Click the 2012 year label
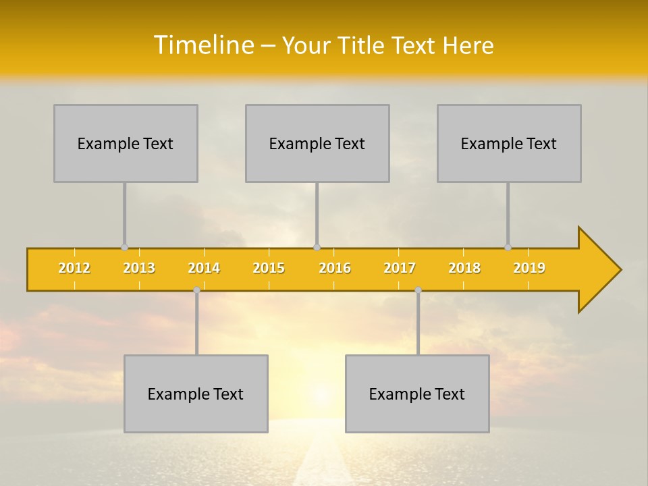point(74,268)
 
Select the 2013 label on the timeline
point(139,268)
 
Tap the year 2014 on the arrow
point(204,268)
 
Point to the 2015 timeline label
point(269,268)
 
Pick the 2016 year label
point(335,268)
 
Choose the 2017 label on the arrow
point(400,268)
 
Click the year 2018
point(464,268)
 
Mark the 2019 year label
point(529,268)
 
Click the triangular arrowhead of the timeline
point(598,270)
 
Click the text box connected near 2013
point(126,143)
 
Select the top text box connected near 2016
point(317,143)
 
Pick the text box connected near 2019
point(509,143)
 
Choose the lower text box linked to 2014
point(196,394)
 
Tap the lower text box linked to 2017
point(417,394)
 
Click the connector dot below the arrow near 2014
point(196,290)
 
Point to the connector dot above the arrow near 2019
point(508,247)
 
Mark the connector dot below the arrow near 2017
point(418,290)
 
